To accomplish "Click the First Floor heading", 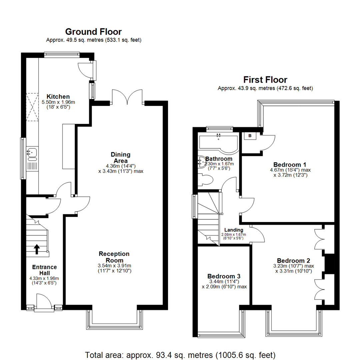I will pos(265,80).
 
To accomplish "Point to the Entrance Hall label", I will pos(44,270).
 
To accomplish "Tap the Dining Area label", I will pos(120,158).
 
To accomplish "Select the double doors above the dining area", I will pos(128,97).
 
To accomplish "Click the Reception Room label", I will pos(114,257).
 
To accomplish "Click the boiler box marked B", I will pos(249,136).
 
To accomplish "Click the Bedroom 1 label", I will pos(290,164).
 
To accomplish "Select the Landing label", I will pos(233,230).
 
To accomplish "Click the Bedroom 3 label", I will pos(224,276).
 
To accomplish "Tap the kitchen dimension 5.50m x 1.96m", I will pos(58,102).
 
